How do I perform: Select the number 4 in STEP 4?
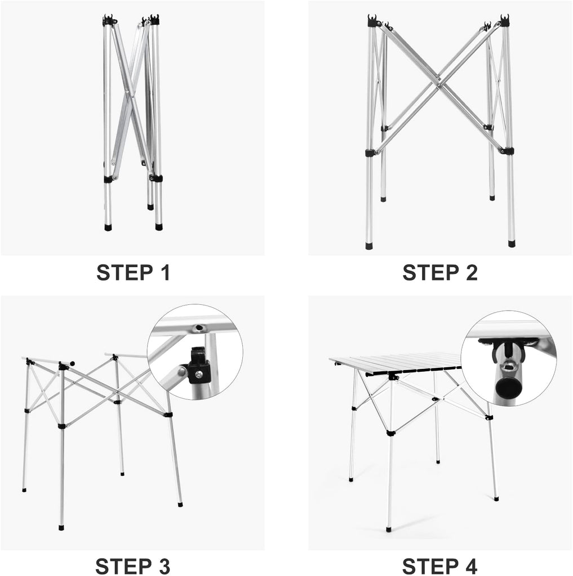pos(470,565)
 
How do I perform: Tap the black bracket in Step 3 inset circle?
pos(198,365)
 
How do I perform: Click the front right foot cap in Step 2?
pos(512,244)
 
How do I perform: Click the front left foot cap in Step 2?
pos(368,246)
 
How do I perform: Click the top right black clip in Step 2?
pos(504,21)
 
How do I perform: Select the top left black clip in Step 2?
pos(373,21)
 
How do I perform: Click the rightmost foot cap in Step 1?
pos(159,228)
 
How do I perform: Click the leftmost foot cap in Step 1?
pos(108,228)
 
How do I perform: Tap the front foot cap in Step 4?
pos(389,529)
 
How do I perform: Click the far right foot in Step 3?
pos(180,505)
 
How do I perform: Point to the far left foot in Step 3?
pos(24,490)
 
